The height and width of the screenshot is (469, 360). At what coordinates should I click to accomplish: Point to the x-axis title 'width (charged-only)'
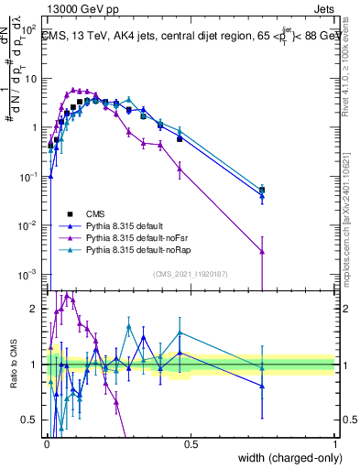tap(285, 459)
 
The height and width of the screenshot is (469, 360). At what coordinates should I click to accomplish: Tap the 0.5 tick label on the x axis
tap(191, 442)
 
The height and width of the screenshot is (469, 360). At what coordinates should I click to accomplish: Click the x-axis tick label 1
tap(335, 442)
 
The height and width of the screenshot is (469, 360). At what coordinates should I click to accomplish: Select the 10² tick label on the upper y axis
tap(27, 29)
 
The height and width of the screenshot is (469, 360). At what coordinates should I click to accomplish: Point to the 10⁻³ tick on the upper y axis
tap(27, 275)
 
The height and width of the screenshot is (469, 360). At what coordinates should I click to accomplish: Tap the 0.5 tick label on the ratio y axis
tap(30, 420)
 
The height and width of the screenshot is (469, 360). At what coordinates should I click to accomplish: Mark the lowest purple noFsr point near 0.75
tap(263, 251)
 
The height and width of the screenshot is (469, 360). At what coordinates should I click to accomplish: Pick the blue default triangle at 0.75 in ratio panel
tap(263, 386)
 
